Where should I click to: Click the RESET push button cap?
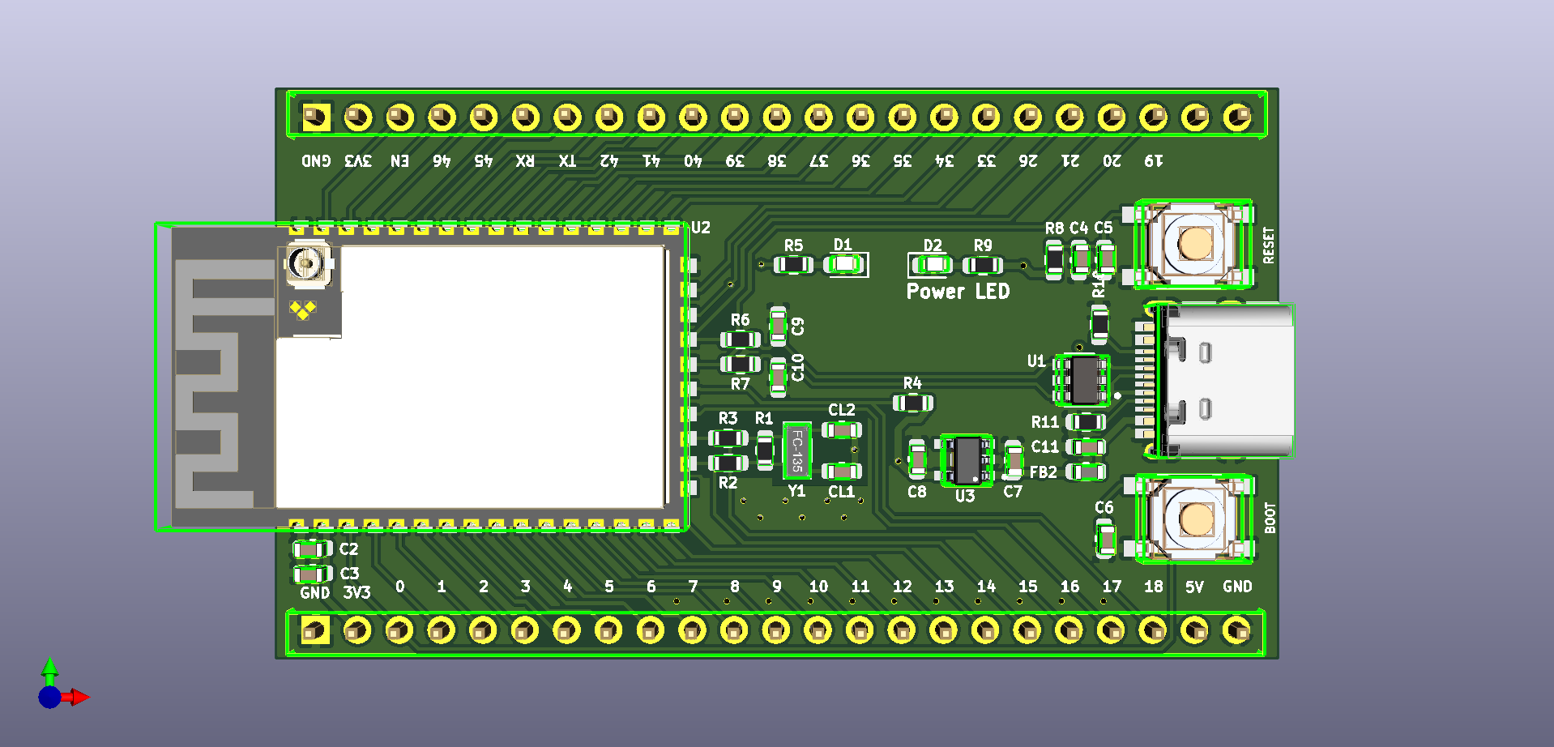(1195, 242)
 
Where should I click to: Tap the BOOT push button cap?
(1195, 519)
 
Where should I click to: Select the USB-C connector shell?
(1227, 381)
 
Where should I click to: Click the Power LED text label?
(958, 292)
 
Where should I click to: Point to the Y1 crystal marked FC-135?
(796, 450)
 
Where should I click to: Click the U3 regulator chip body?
(967, 460)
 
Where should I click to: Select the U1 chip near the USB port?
(1082, 379)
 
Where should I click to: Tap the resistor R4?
(913, 403)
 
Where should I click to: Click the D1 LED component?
(845, 264)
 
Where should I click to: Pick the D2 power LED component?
(934, 265)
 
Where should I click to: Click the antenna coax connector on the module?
(306, 263)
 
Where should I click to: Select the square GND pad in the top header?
(316, 117)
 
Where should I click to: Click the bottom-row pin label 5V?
(1194, 587)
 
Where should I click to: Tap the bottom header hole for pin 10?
(818, 630)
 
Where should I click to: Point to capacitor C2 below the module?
(311, 549)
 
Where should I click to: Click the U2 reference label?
(700, 228)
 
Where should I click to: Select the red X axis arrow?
(79, 697)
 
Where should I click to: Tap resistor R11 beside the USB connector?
(1085, 421)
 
